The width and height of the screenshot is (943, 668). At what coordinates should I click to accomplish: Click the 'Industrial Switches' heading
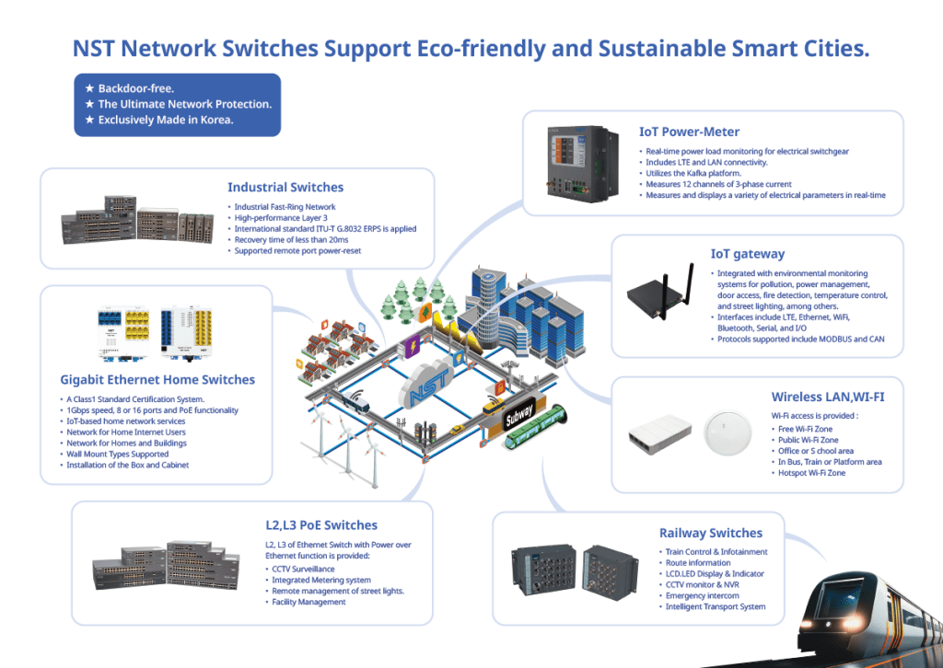click(285, 188)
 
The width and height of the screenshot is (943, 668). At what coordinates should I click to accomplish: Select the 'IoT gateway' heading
click(747, 254)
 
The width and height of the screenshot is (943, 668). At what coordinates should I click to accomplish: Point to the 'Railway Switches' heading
click(710, 533)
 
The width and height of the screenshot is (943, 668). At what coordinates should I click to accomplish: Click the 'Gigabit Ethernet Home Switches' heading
click(157, 379)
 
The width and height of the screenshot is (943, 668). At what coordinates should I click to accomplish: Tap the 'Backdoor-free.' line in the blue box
click(136, 89)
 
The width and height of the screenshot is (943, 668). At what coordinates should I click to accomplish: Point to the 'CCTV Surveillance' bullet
click(303, 569)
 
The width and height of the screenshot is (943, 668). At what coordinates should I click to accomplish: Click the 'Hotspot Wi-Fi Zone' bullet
click(811, 473)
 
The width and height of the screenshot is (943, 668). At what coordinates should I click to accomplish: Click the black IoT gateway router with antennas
click(661, 289)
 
